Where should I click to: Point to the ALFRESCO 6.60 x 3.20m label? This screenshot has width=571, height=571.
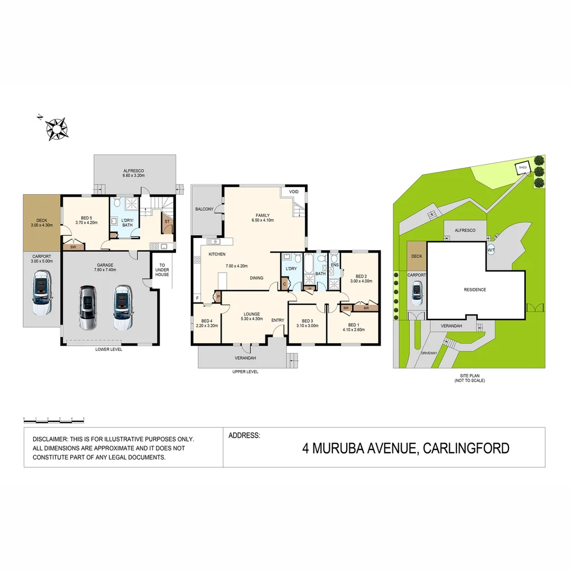pyautogui.click(x=134, y=173)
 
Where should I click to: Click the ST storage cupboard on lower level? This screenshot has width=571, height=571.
pyautogui.click(x=167, y=222)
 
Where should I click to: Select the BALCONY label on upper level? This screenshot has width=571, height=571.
pyautogui.click(x=204, y=209)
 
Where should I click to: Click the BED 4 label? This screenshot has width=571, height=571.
pyautogui.click(x=207, y=324)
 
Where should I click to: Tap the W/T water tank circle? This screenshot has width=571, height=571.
pyautogui.click(x=491, y=250)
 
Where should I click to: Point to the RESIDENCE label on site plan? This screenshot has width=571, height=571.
pyautogui.click(x=475, y=290)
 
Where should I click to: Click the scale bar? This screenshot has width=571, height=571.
pyautogui.click(x=54, y=419)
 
